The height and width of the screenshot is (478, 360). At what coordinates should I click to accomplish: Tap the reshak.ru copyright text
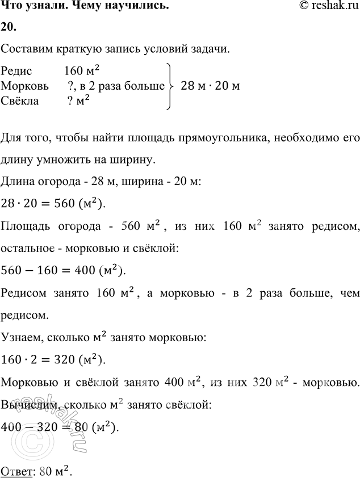[x=325, y=6]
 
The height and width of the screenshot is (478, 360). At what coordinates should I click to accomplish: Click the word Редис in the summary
[x=17, y=72]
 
